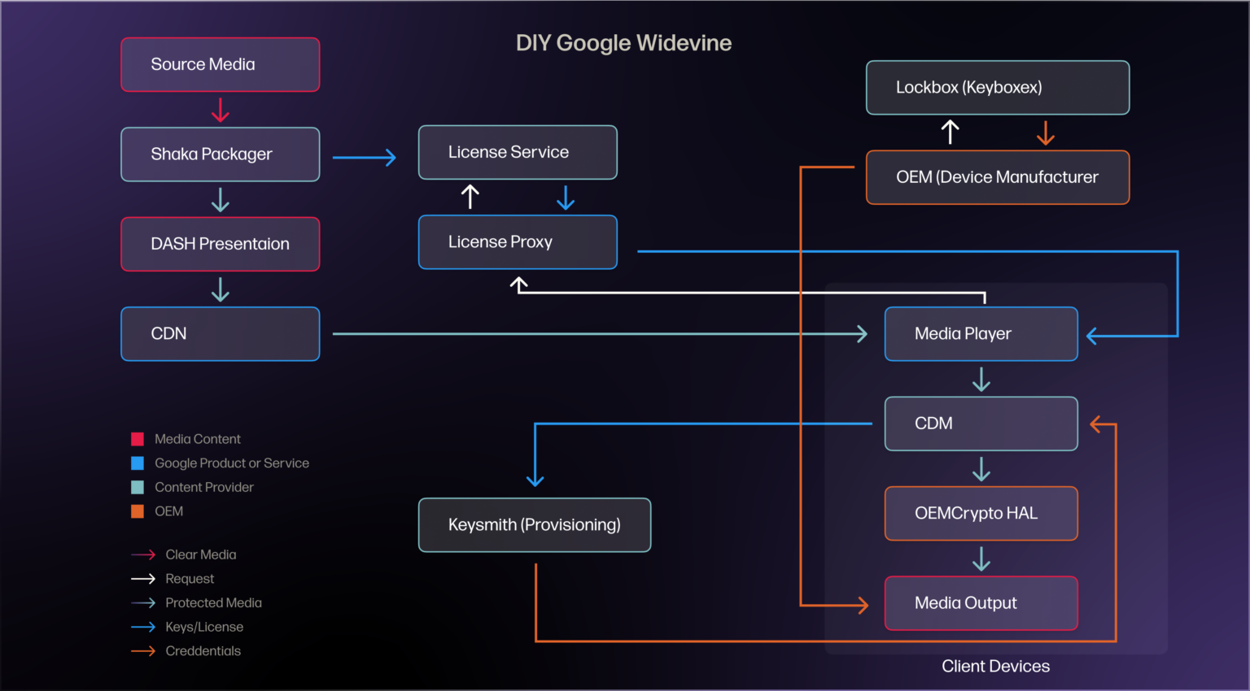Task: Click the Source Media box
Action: (x=220, y=65)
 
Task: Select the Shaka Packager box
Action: (x=220, y=154)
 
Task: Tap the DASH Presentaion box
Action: (x=220, y=244)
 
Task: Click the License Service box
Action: (x=518, y=152)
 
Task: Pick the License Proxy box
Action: (x=518, y=242)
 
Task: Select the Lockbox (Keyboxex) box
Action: (x=998, y=88)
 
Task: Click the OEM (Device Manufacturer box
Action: (x=998, y=177)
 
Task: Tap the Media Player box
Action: (x=981, y=334)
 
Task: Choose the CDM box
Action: (x=981, y=424)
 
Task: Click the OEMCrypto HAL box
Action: (x=981, y=514)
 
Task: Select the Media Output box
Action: (x=981, y=603)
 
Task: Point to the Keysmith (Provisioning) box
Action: (x=535, y=525)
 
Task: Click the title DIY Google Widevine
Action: (x=623, y=43)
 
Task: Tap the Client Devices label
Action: (x=995, y=667)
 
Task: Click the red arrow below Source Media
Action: (x=221, y=110)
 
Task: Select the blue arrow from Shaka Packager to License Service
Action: (x=364, y=157)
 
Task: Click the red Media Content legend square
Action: (x=138, y=439)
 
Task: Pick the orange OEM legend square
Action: (x=138, y=511)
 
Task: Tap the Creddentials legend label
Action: (x=203, y=651)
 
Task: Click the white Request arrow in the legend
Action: (x=143, y=579)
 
